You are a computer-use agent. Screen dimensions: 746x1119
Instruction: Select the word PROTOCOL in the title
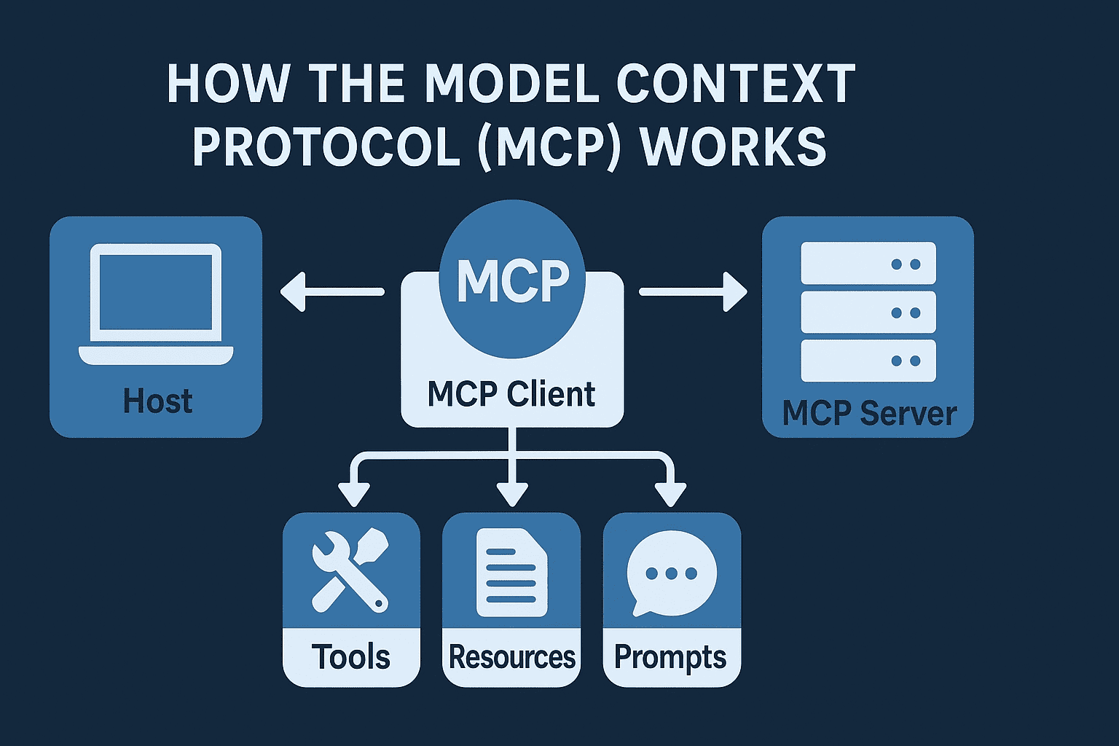[326, 146]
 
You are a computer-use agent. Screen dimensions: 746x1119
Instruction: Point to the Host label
[157, 401]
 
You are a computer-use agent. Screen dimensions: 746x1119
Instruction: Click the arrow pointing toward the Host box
[331, 291]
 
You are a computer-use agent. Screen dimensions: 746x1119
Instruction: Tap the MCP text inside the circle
[513, 280]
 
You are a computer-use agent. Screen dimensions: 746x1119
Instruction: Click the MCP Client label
[511, 394]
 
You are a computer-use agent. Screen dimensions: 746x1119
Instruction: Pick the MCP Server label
[868, 413]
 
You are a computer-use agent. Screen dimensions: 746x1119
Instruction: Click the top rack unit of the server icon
[868, 263]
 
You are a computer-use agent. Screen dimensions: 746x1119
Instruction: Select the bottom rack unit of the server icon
[868, 361]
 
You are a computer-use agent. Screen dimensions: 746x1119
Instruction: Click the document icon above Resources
[511, 573]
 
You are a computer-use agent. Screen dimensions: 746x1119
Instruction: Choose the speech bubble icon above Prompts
[671, 573]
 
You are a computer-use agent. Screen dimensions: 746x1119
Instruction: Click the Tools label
[350, 656]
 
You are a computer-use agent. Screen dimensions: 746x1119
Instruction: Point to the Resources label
[511, 656]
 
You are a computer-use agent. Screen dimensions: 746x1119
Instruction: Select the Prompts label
[670, 657]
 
